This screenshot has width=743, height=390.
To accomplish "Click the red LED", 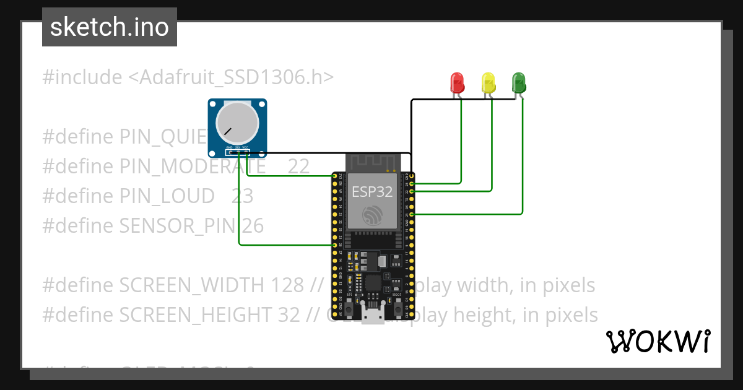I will [457, 82].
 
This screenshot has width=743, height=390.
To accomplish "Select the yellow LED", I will [489, 83].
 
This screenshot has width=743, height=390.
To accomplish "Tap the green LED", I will [518, 82].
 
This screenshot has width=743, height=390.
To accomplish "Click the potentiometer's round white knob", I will [237, 122].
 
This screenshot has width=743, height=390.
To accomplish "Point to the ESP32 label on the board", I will [372, 192].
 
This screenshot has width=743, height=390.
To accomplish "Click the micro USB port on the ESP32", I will [373, 316].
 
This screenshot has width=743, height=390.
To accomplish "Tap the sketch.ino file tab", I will [110, 27].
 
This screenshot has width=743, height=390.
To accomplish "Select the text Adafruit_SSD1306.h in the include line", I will [232, 77].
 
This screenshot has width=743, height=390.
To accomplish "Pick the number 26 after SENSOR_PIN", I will [253, 226].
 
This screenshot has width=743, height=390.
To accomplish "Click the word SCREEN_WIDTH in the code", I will [193, 285].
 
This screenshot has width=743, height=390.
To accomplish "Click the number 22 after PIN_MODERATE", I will [298, 167].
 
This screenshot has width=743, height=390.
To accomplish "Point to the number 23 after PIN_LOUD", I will [242, 196].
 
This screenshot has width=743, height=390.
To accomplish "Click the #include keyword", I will [82, 77].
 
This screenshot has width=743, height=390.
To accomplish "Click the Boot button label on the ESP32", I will [397, 295].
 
